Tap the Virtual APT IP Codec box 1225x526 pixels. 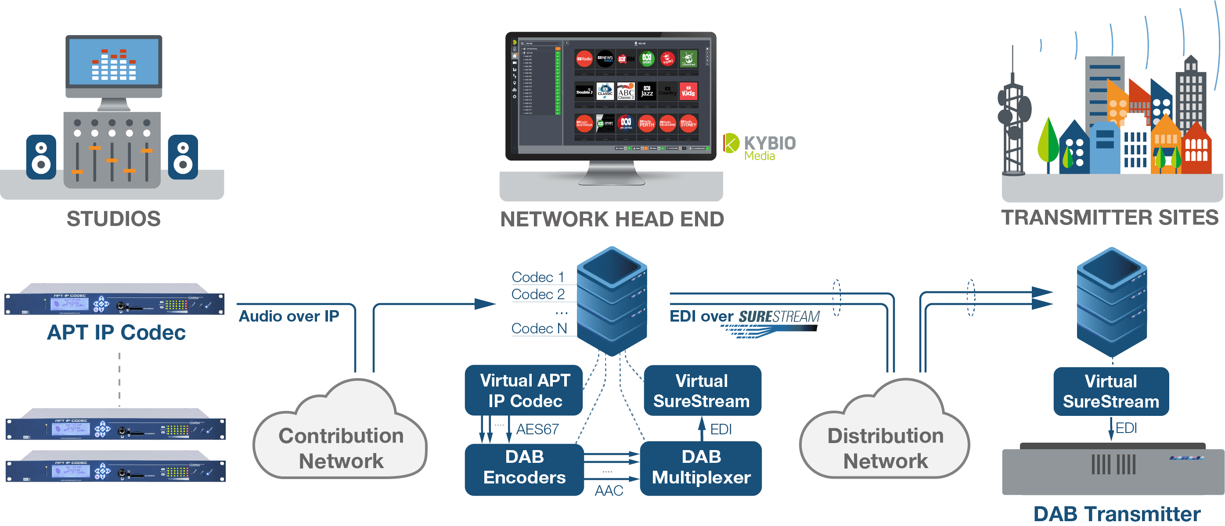click(x=525, y=390)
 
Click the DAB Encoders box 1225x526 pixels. click(x=524, y=468)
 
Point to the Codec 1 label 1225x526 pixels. click(x=538, y=277)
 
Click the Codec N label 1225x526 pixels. click(x=539, y=328)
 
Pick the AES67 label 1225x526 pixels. click(x=537, y=429)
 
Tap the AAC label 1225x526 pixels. click(x=609, y=490)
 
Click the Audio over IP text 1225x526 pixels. click(x=288, y=316)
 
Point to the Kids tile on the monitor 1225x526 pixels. click(x=688, y=91)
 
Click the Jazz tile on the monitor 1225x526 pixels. click(x=647, y=91)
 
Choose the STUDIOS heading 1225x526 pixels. click(x=114, y=218)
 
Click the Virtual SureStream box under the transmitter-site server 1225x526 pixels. click(x=1111, y=391)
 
